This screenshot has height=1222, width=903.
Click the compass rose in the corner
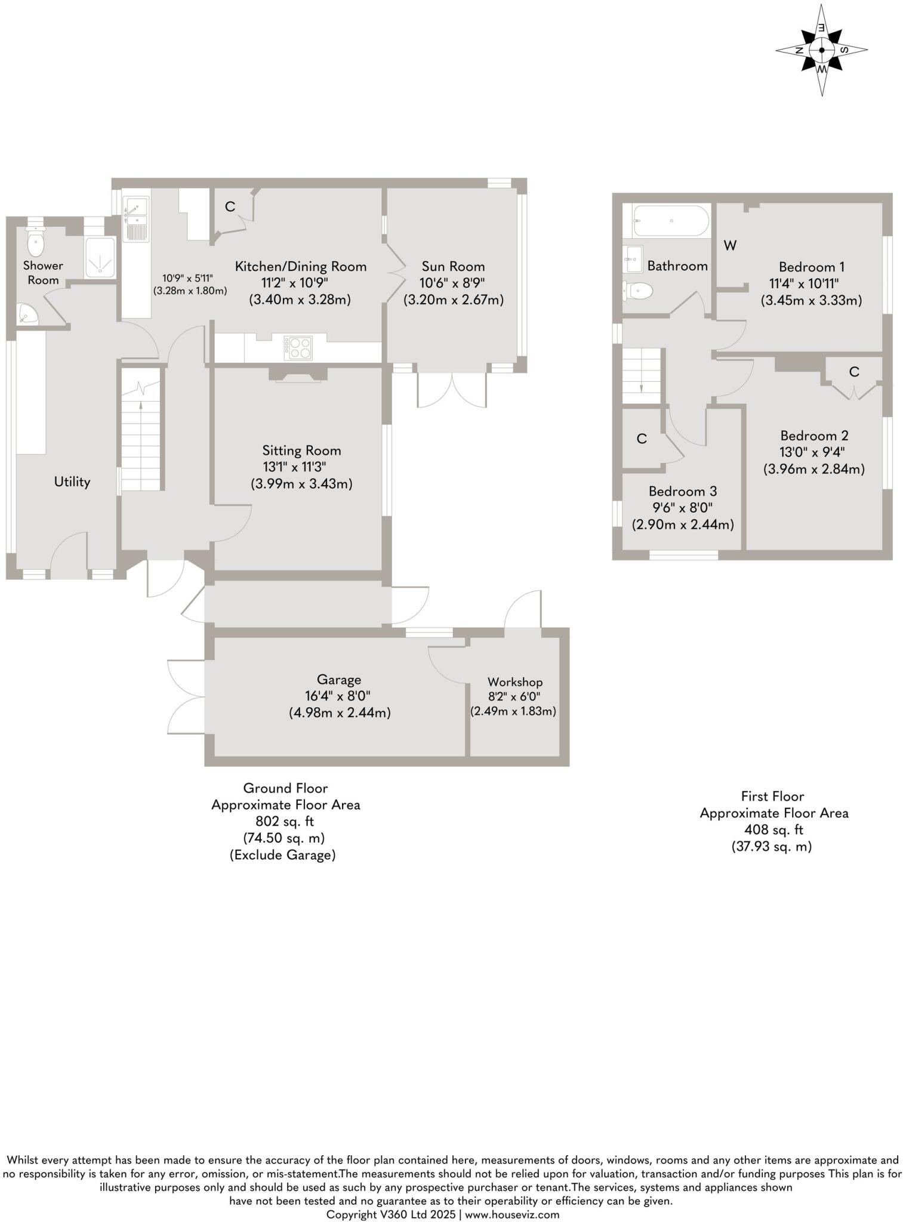[822, 51]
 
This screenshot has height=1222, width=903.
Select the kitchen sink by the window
[136, 220]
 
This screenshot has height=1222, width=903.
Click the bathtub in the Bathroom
[671, 221]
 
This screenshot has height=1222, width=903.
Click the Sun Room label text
[453, 266]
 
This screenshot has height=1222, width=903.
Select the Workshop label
[514, 681]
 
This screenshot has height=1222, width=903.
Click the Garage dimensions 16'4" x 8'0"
[338, 696]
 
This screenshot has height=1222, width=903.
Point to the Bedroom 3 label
[682, 491]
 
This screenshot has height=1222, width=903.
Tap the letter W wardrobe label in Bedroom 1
[730, 245]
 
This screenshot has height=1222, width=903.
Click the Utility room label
[72, 482]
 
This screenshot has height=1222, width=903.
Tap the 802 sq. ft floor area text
[285, 821]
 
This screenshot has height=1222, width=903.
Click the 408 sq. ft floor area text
[773, 829]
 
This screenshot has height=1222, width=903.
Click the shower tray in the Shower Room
[100, 258]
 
